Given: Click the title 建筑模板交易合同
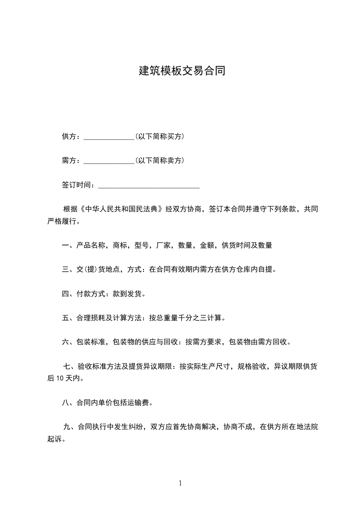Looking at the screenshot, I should pos(182,71).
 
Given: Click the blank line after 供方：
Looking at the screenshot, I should pos(109,137).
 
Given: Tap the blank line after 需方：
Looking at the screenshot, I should pos(109,161).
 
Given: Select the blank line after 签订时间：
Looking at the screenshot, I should pos(149,185).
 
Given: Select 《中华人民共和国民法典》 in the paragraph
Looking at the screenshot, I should pos(121,209).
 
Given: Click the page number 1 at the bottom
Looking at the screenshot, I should pos(180,483).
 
